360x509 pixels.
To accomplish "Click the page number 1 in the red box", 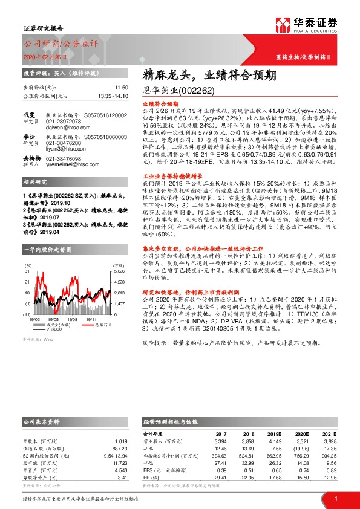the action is [x=336, y=498].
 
